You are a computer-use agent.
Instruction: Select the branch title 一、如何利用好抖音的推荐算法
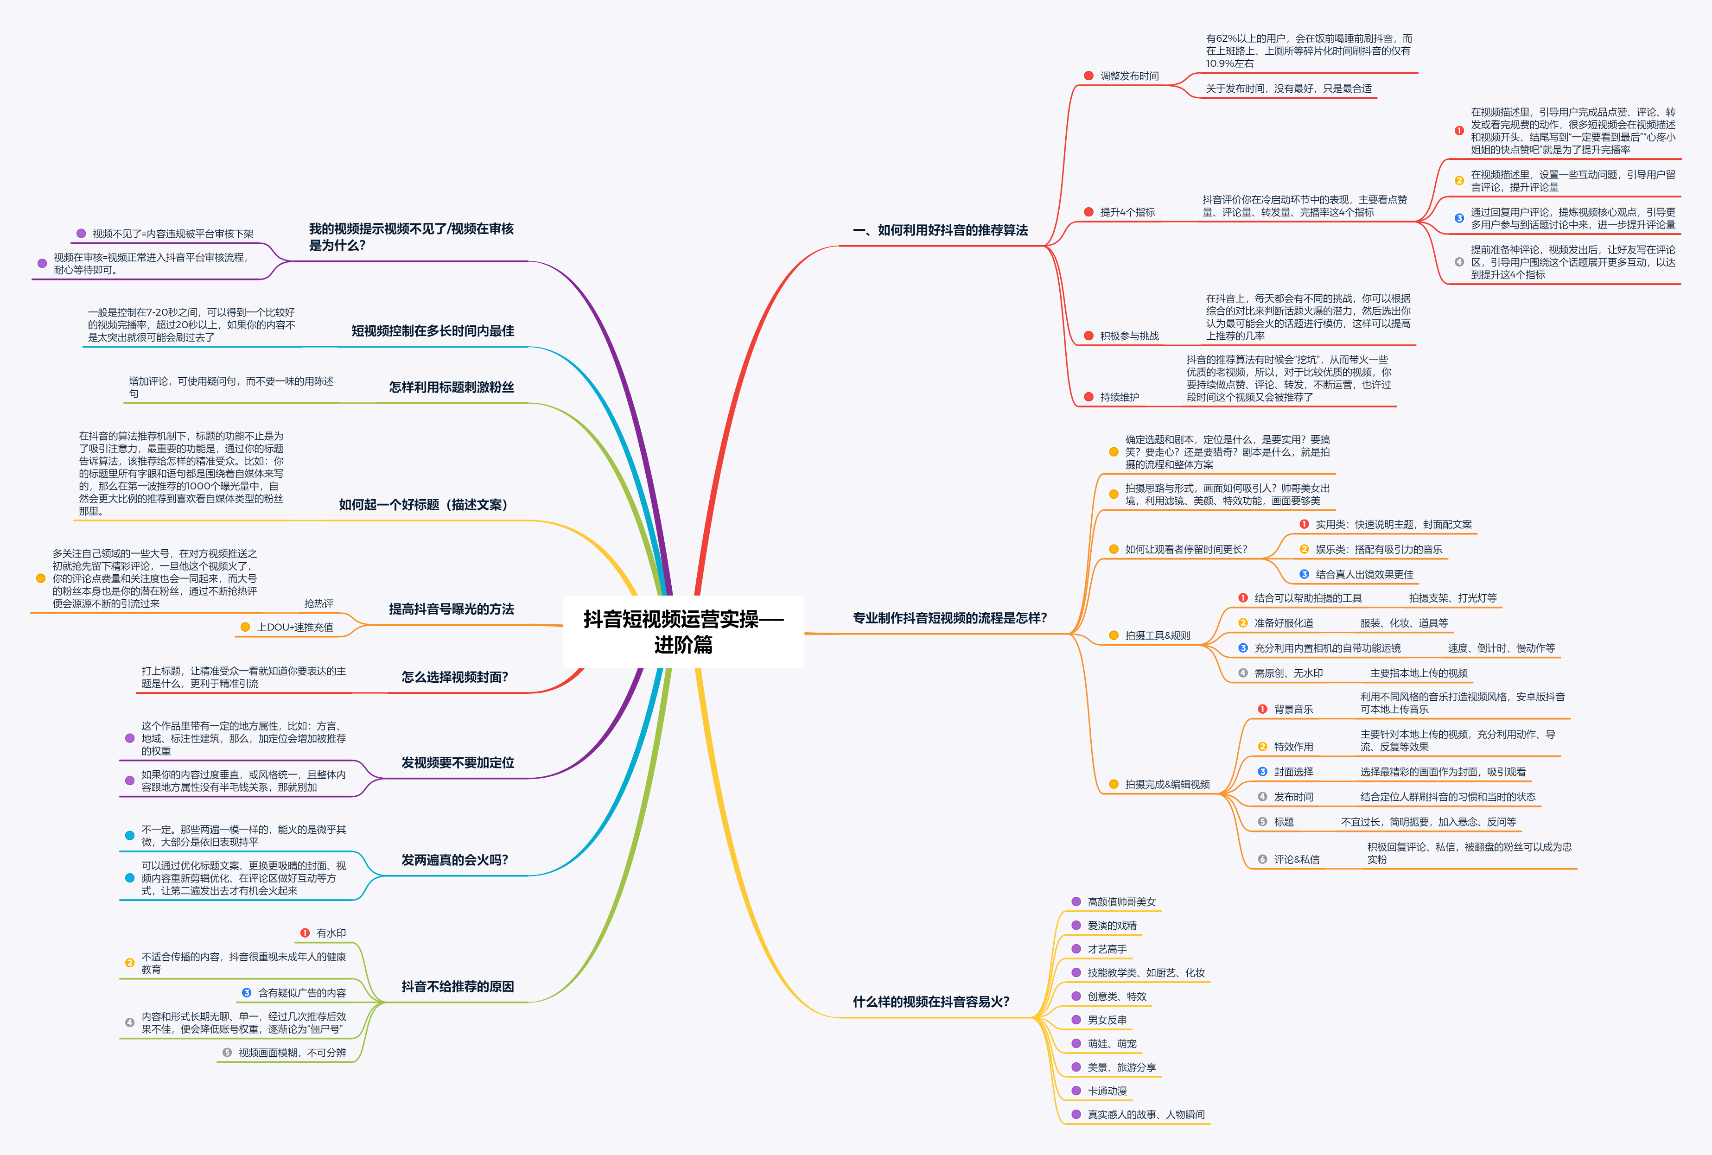pyautogui.click(x=940, y=230)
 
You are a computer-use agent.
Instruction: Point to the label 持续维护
pyautogui.click(x=1119, y=397)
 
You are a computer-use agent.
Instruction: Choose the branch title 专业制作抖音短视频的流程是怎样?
pyautogui.click(x=949, y=618)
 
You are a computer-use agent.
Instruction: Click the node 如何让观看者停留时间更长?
pyautogui.click(x=1186, y=550)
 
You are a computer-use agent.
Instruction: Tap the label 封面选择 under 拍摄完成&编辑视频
pyautogui.click(x=1293, y=772)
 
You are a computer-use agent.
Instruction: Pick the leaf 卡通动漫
pyautogui.click(x=1107, y=1091)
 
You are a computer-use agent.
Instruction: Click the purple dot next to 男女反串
pyautogui.click(x=1076, y=1020)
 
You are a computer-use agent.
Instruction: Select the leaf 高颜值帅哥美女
pyautogui.click(x=1121, y=901)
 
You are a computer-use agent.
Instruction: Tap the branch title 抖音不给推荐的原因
pyautogui.click(x=458, y=986)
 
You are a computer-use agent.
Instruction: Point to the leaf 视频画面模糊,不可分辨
pyautogui.click(x=292, y=1053)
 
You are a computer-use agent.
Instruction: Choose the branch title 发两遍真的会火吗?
pyautogui.click(x=454, y=860)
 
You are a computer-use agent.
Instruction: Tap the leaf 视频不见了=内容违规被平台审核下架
pyautogui.click(x=172, y=234)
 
